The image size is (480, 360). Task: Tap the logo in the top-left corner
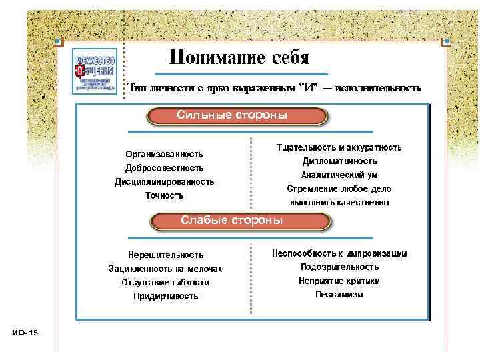coord(95,70)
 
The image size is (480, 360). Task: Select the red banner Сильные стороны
coord(238,116)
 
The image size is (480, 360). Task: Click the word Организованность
coord(165,154)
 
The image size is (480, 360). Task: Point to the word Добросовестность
coord(165,168)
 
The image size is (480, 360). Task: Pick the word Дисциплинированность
coord(165,181)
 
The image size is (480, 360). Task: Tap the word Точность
coord(165,195)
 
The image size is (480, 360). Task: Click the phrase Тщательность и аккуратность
coord(339,147)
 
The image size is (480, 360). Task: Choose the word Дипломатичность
coord(339,161)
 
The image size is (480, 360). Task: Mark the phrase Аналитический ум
coord(339,175)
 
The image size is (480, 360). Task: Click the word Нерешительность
coord(165,255)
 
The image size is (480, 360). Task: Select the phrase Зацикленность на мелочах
coord(165,269)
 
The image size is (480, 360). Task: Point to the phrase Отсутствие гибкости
coord(165,282)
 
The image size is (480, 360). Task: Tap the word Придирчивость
coord(165,296)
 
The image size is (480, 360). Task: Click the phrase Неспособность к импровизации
coord(339,253)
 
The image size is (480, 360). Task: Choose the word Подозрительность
coord(339,267)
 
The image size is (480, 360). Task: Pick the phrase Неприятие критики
coord(339,281)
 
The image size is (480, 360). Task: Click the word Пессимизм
coord(339,294)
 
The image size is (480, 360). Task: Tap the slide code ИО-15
coord(25,332)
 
